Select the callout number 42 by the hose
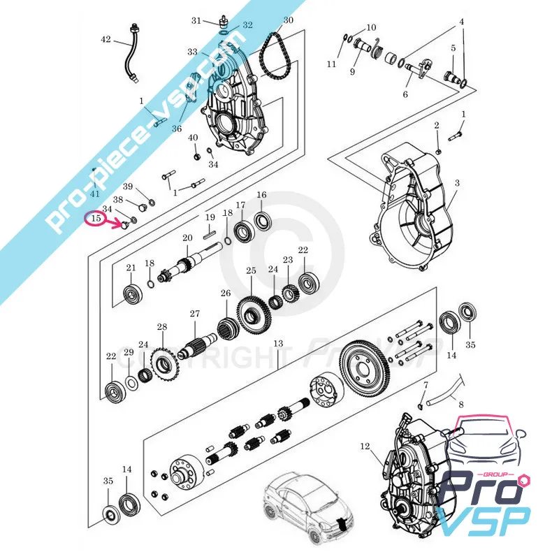[106, 40]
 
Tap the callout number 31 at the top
[196, 20]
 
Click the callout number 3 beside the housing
[457, 183]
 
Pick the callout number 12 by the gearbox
[364, 445]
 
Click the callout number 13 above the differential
[278, 344]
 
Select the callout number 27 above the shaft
[195, 314]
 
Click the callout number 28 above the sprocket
[162, 327]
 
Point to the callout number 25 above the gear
[251, 270]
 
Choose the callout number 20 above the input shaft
[187, 238]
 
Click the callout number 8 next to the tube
[460, 403]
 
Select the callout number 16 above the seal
[261, 195]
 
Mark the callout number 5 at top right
[453, 48]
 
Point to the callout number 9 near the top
[353, 71]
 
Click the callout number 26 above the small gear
[226, 293]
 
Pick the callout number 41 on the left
[95, 194]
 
